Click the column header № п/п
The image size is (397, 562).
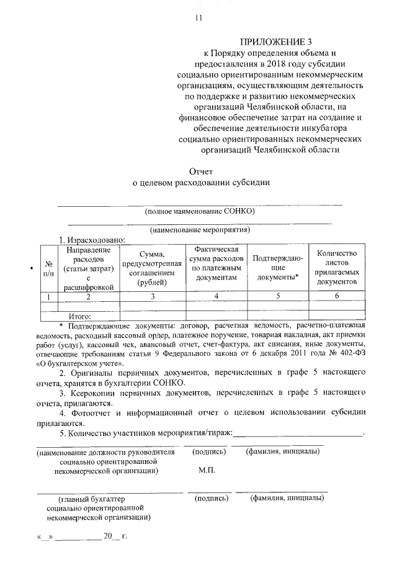point(48,268)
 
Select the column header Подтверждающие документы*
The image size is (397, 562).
point(278,268)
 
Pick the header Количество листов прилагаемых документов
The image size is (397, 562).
point(336,268)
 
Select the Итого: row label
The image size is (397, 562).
point(80,316)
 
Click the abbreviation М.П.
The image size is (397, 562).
point(207,471)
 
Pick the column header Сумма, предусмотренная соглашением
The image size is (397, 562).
point(153,268)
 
